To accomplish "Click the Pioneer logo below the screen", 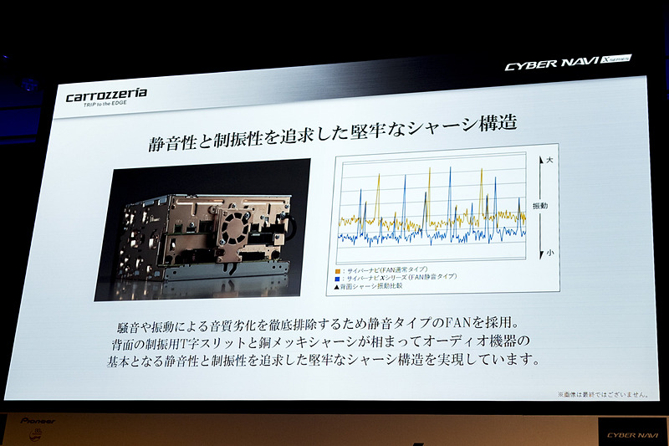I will [38, 421].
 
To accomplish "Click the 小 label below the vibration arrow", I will [549, 254].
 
